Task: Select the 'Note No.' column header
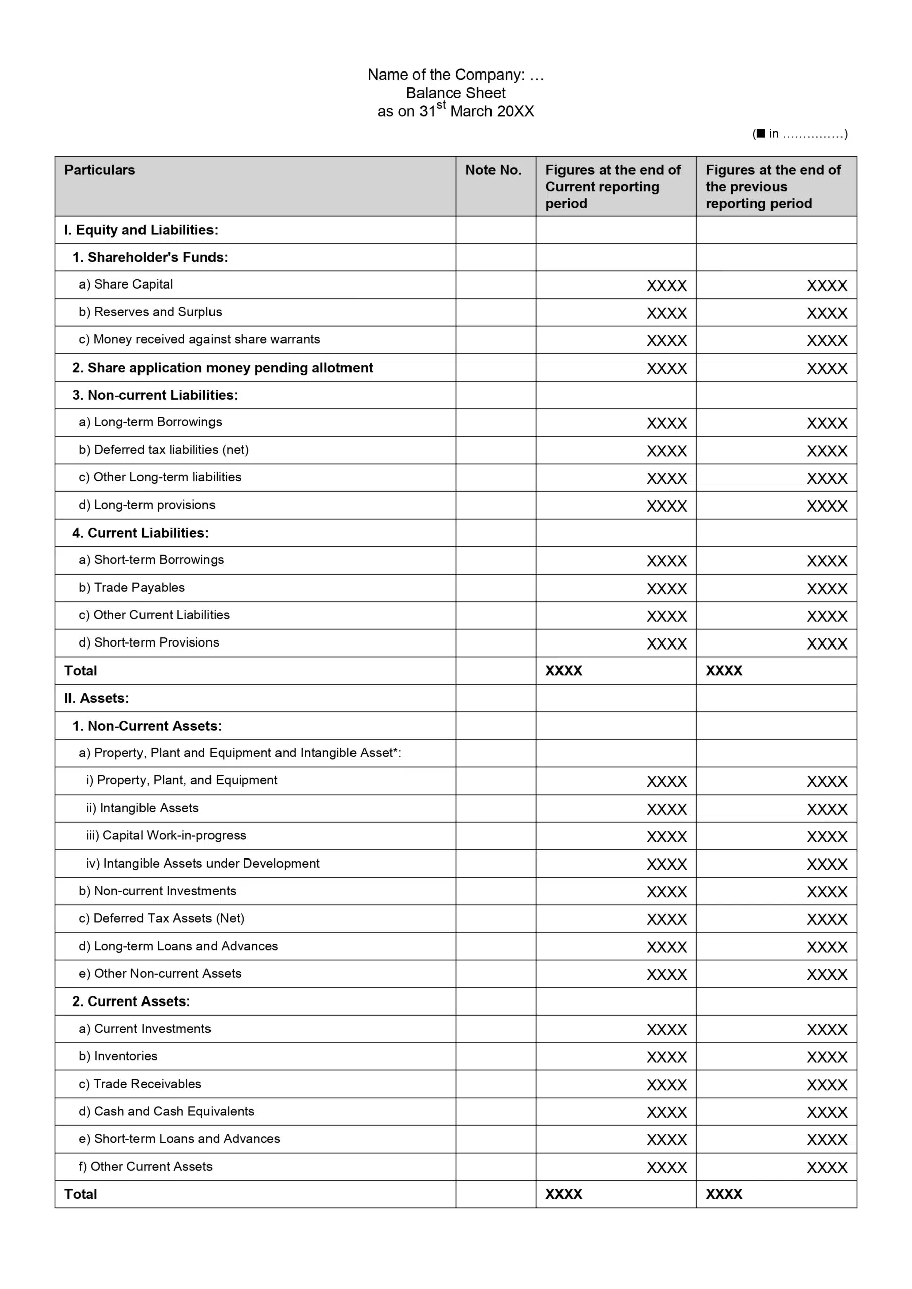tap(493, 170)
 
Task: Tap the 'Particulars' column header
tap(100, 170)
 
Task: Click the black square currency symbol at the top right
tap(761, 133)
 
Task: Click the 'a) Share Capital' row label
tap(126, 284)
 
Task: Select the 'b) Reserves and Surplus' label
tap(150, 312)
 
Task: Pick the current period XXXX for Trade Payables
tap(667, 589)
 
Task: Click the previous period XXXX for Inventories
tap(826, 1058)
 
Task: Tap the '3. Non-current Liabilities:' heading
tap(155, 395)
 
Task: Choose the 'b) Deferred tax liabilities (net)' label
tap(164, 450)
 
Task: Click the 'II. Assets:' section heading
tap(97, 698)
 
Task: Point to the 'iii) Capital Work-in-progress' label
tap(166, 836)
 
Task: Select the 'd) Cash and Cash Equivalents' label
tap(166, 1112)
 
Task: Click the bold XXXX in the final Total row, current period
tap(564, 1194)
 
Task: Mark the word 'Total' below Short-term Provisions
tap(81, 671)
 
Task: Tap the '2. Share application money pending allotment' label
tap(223, 368)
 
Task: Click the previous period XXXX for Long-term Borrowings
tap(826, 423)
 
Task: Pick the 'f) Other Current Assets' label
tap(146, 1167)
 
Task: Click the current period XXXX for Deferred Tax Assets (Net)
tap(667, 919)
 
